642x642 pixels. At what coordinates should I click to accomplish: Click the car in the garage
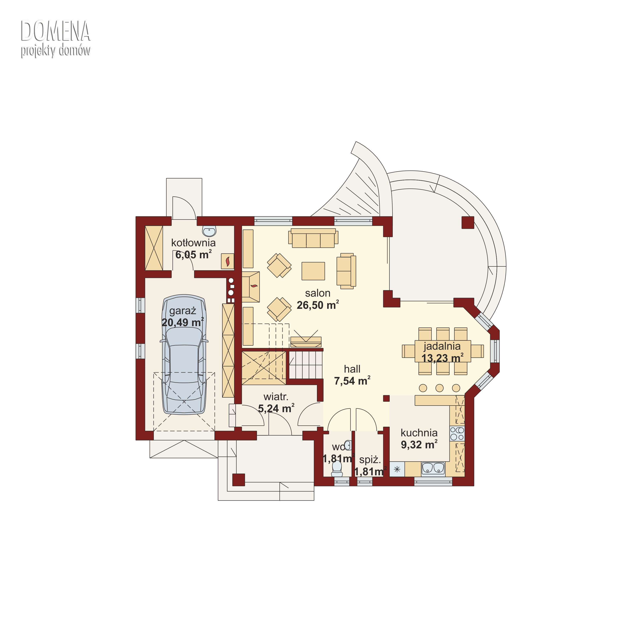pyautogui.click(x=184, y=354)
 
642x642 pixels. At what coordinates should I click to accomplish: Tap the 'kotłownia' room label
pyautogui.click(x=193, y=243)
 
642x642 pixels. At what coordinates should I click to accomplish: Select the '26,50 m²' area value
pyautogui.click(x=318, y=305)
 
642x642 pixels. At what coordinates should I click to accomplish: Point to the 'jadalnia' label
pyautogui.click(x=442, y=346)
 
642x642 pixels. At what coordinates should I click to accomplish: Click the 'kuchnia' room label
pyautogui.click(x=419, y=433)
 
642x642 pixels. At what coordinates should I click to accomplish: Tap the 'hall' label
pyautogui.click(x=352, y=369)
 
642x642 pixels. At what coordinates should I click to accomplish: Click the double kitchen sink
pyautogui.click(x=433, y=468)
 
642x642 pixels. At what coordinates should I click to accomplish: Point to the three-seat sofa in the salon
pyautogui.click(x=313, y=238)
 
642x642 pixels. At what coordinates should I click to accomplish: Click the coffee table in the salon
pyautogui.click(x=313, y=271)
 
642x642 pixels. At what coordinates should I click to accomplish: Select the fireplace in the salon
pyautogui.click(x=251, y=287)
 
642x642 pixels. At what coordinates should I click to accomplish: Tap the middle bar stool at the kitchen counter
pyautogui.click(x=439, y=388)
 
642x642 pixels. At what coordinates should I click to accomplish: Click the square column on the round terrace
pyautogui.click(x=468, y=223)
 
